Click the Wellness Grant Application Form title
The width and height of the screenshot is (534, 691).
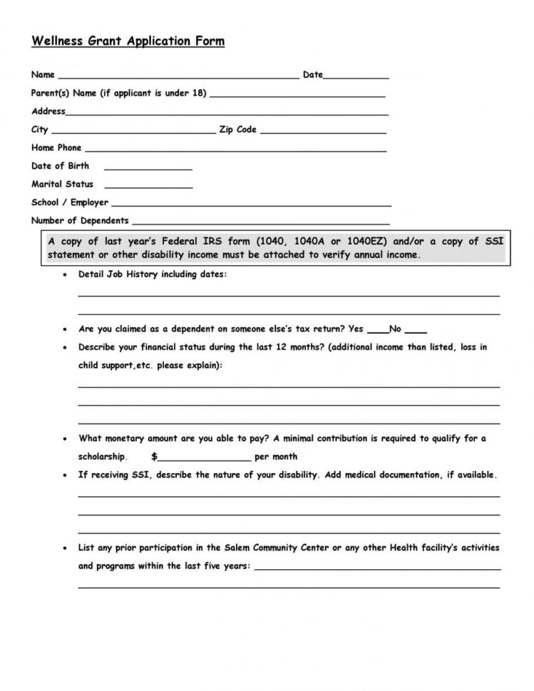pyautogui.click(x=128, y=41)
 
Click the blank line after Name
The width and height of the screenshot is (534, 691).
pyautogui.click(x=178, y=76)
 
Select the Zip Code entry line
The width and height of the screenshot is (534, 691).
pyautogui.click(x=324, y=132)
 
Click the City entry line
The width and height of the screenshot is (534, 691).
pyautogui.click(x=133, y=132)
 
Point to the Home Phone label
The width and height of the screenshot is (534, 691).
pyautogui.click(x=56, y=148)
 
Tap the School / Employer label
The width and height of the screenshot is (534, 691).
pyautogui.click(x=70, y=202)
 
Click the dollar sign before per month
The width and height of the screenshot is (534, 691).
pyautogui.click(x=154, y=457)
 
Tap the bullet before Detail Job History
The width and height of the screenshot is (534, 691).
pyautogui.click(x=66, y=274)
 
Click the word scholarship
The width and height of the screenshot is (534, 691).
pyautogui.click(x=103, y=457)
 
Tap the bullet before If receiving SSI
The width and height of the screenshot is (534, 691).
pyautogui.click(x=66, y=474)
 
